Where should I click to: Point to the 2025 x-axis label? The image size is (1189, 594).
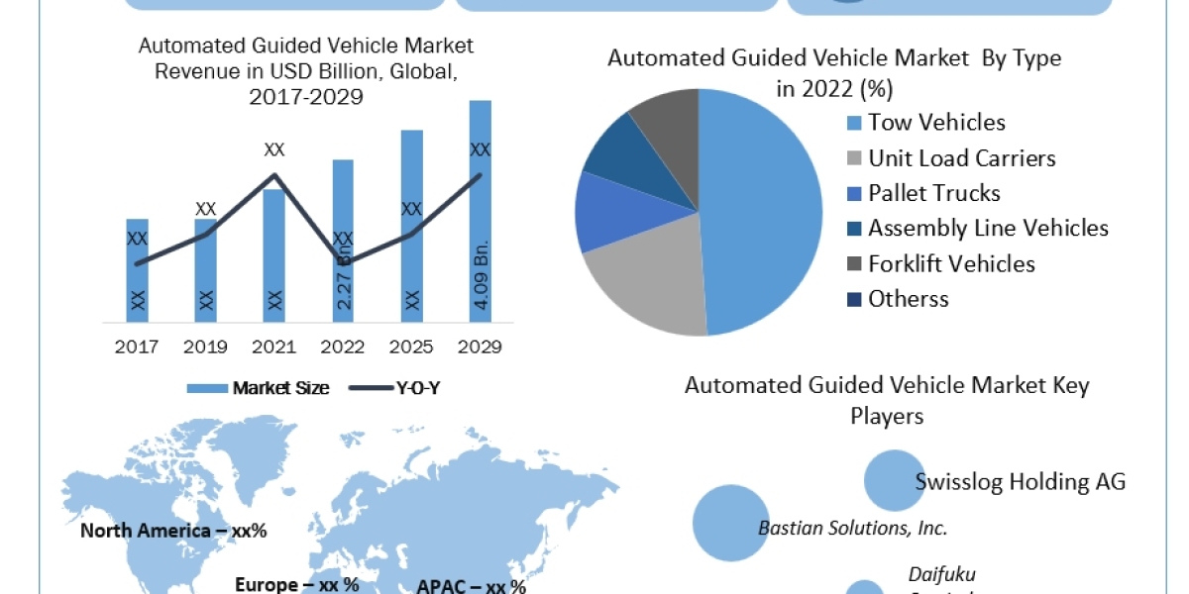point(412,347)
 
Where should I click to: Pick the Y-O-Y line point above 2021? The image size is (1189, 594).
point(274,175)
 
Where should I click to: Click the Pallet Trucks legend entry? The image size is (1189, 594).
point(933,193)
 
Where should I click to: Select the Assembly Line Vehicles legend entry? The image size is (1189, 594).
point(987,228)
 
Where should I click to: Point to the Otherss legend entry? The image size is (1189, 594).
point(908,299)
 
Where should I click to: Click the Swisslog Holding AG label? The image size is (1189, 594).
point(1021,482)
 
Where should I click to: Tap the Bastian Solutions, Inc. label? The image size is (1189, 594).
point(852,528)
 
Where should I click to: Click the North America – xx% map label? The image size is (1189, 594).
point(173,531)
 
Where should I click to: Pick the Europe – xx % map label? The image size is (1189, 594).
point(297,584)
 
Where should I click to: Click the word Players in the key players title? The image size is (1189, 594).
point(887,416)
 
